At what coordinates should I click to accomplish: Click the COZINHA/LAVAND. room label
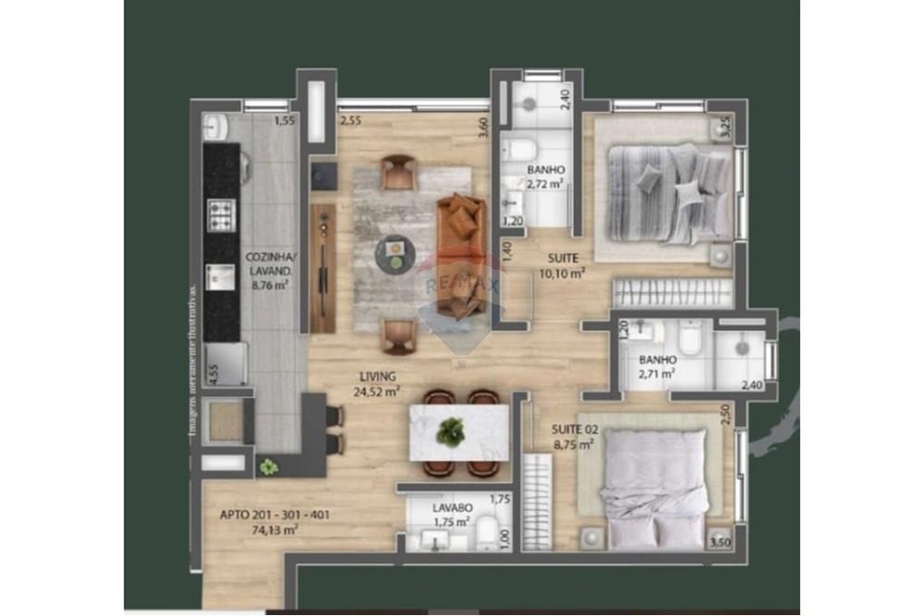(x=268, y=265)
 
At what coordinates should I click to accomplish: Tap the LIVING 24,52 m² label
(x=379, y=383)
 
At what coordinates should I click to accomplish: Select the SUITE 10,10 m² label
(x=563, y=265)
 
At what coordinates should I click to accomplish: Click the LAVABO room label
(x=453, y=508)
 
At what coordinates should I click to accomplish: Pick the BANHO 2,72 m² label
(x=545, y=176)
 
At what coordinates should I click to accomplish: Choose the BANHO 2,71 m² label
(x=657, y=367)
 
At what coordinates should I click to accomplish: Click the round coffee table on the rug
(x=395, y=250)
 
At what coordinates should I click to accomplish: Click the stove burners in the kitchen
(x=223, y=216)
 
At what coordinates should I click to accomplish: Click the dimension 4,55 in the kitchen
(x=213, y=376)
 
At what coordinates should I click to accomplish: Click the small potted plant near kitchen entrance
(x=268, y=466)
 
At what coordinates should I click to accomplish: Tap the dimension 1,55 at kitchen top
(x=285, y=120)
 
